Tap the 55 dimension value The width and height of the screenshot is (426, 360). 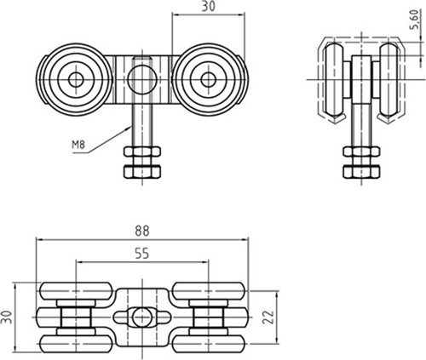point(141,252)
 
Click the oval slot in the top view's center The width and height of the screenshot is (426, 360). point(141,317)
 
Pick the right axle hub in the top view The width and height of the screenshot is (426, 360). point(210,317)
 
